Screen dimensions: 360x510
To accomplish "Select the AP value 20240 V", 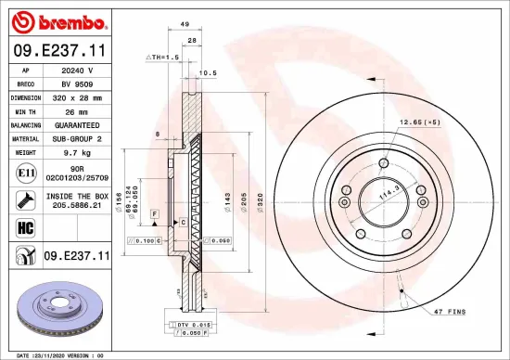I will tap(77, 70).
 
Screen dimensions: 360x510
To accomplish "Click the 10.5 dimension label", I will tap(209, 71).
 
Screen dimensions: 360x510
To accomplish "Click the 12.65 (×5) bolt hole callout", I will tap(419, 122).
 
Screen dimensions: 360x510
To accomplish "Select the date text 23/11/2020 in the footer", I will tap(46, 354).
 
